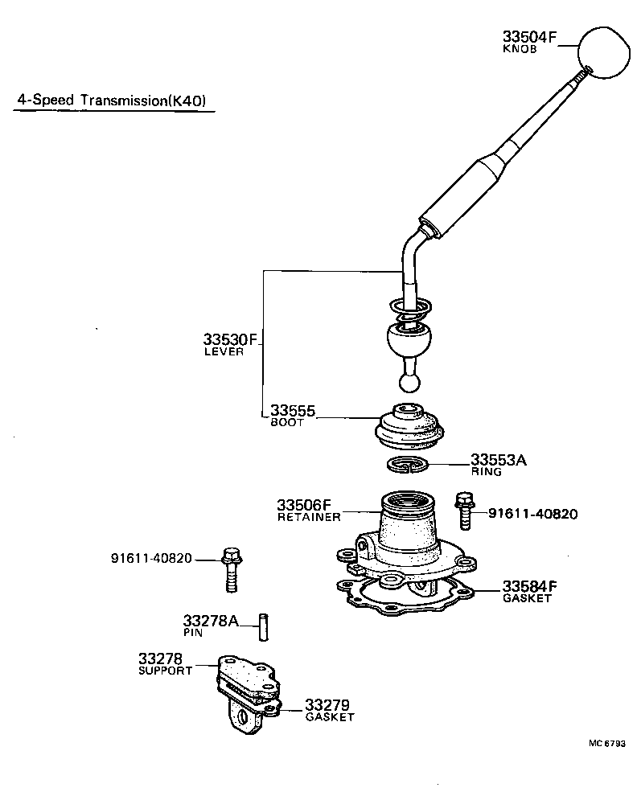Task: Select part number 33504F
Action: [530, 36]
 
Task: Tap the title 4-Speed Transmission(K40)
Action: [112, 101]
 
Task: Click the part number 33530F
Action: [229, 340]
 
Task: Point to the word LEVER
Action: [224, 352]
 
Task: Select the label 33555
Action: [292, 412]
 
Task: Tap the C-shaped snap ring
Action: [409, 464]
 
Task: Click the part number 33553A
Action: [498, 460]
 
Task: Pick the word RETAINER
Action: [309, 517]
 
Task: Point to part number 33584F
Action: [530, 585]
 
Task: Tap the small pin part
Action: [262, 627]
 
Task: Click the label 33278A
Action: [211, 621]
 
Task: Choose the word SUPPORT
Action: [166, 671]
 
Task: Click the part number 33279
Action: [327, 705]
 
